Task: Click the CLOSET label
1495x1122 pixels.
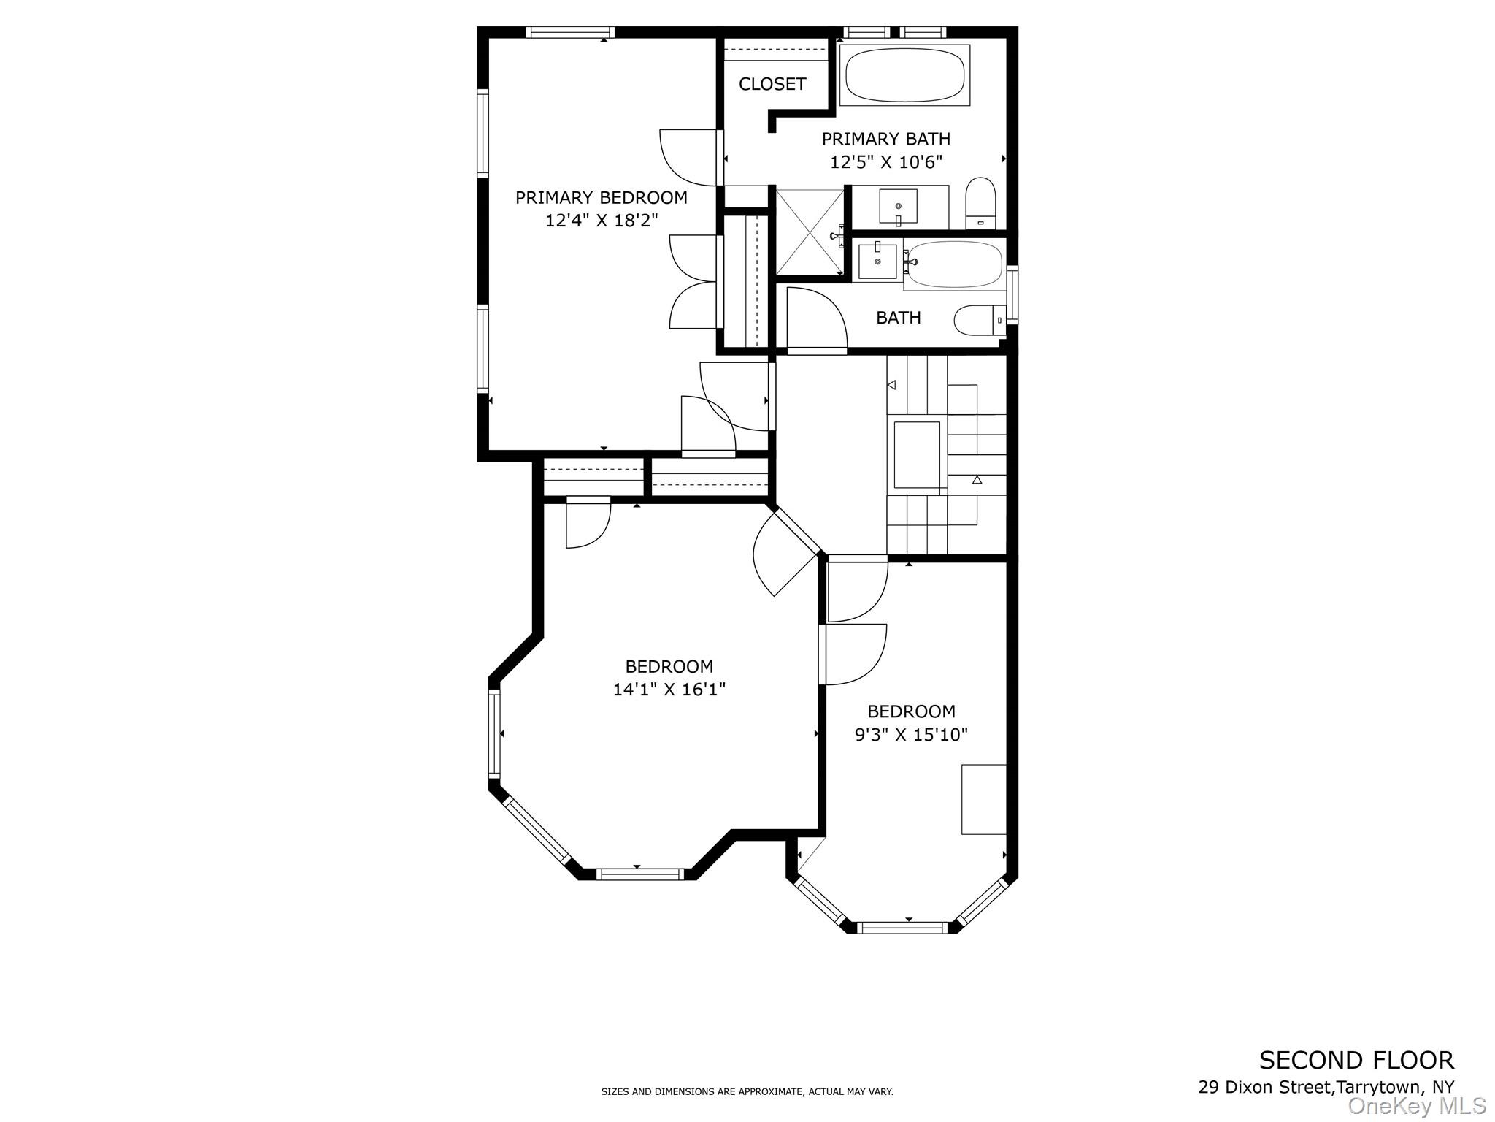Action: tap(772, 84)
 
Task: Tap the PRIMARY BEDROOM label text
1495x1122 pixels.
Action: tap(601, 197)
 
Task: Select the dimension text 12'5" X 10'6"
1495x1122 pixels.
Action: tap(885, 162)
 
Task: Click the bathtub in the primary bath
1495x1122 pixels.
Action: tap(905, 75)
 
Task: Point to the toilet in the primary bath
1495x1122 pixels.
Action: tap(980, 202)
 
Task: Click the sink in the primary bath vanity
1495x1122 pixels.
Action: tap(898, 207)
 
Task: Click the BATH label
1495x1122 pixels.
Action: tap(898, 318)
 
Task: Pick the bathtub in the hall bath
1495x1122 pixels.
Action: tap(954, 264)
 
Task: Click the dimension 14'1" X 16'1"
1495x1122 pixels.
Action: tap(669, 689)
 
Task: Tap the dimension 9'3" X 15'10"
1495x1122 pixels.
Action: tap(911, 734)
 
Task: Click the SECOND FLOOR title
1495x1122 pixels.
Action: tap(1356, 1059)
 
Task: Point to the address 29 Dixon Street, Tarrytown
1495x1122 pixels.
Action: tap(1326, 1086)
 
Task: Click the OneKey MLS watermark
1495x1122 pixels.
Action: tap(1416, 1106)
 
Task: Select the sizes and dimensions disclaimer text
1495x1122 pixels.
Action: tap(747, 1091)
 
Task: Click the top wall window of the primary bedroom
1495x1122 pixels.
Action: tap(569, 32)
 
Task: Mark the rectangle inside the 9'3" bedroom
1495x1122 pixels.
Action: tap(983, 799)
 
